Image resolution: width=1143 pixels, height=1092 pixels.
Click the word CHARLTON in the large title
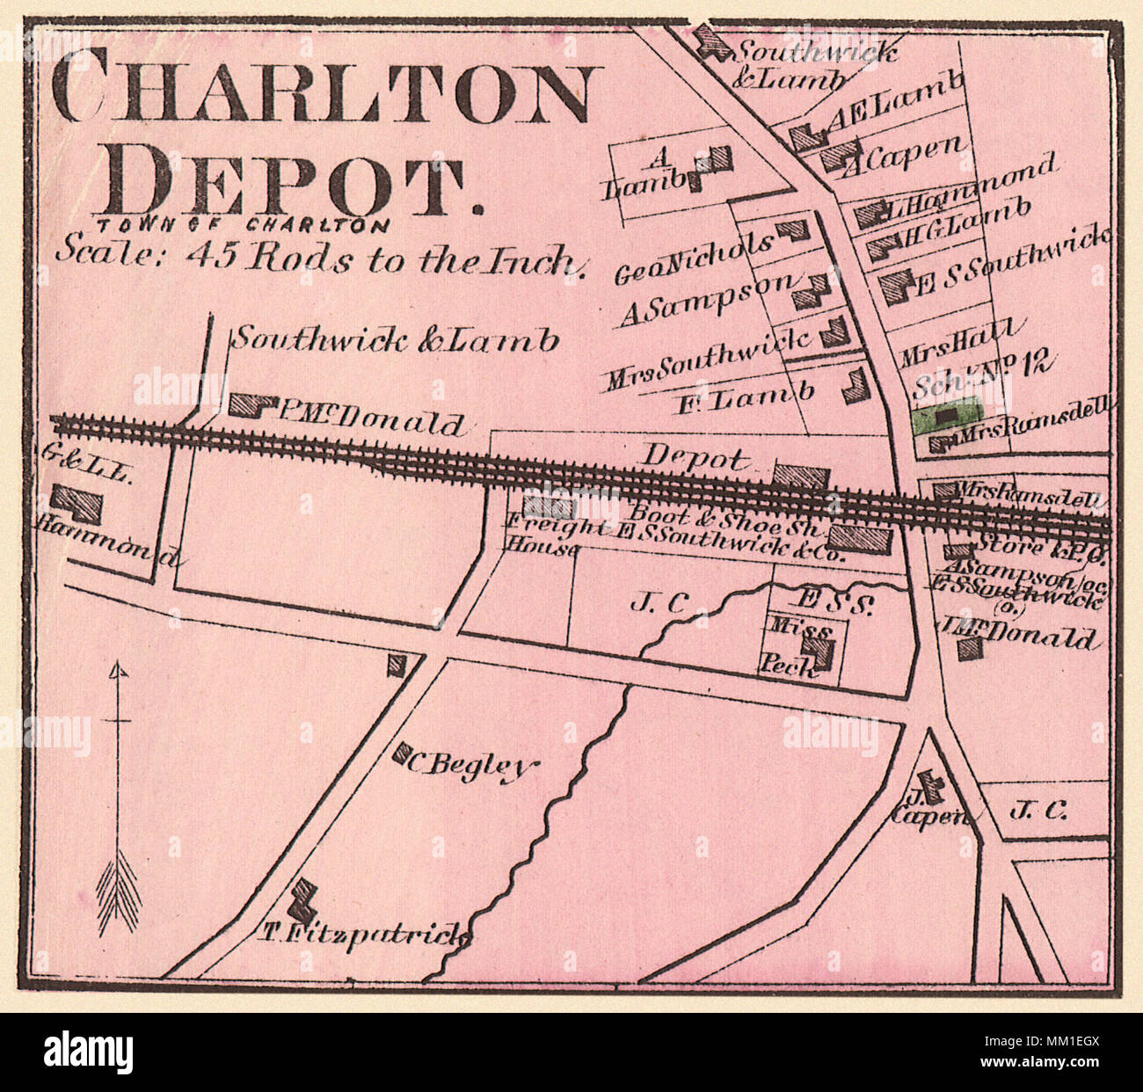321,86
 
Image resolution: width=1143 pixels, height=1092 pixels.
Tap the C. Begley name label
470,766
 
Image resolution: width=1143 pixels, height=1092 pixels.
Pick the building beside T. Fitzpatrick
305,896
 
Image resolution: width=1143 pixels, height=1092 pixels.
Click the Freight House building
549,506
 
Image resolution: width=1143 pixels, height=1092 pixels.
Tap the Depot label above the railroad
695,457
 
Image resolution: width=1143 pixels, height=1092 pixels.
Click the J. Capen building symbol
928,781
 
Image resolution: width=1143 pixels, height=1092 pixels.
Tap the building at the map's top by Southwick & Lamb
710,42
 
